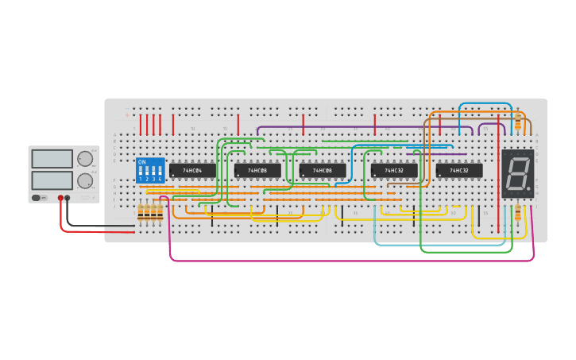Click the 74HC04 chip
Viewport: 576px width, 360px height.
click(192, 170)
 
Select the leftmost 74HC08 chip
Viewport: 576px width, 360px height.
click(257, 170)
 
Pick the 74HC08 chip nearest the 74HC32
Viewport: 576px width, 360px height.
click(323, 170)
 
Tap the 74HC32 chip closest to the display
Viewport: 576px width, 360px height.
click(459, 170)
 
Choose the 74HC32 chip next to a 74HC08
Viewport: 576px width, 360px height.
click(394, 170)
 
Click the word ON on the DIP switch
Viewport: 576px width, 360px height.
click(141, 162)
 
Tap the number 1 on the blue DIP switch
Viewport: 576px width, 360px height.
click(141, 180)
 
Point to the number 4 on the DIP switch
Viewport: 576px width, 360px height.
click(160, 180)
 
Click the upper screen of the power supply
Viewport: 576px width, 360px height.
click(52, 159)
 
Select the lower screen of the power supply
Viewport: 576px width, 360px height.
click(52, 180)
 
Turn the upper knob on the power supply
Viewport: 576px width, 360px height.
click(85, 158)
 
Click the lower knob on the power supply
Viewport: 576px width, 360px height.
click(85, 180)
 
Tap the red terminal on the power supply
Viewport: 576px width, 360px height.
click(60, 198)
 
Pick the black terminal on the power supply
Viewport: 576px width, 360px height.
click(68, 198)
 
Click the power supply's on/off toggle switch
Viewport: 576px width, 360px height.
click(37, 198)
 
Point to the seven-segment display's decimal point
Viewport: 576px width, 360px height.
click(528, 191)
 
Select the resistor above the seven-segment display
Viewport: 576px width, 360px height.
click(518, 120)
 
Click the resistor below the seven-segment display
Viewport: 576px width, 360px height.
click(517, 212)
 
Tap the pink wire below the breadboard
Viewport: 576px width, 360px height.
click(350, 260)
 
